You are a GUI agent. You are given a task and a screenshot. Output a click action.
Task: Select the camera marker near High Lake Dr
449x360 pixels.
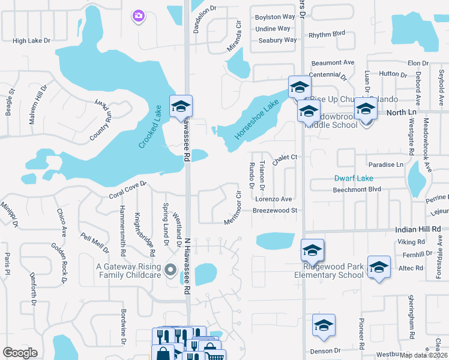pyautogui.click(x=139, y=16)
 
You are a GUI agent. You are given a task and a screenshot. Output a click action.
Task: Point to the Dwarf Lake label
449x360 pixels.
pyautogui.click(x=354, y=178)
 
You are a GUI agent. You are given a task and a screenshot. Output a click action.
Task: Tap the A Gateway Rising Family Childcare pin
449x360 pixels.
pyautogui.click(x=170, y=269)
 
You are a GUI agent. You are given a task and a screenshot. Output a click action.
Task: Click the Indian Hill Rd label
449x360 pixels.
pyautogui.click(x=418, y=229)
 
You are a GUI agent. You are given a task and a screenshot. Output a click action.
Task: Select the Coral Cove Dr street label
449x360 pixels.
pyautogui.click(x=127, y=190)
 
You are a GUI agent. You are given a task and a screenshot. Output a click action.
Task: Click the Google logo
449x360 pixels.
pyautogui.click(x=20, y=352)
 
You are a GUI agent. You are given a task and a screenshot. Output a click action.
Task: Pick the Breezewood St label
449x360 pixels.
pyautogui.click(x=275, y=211)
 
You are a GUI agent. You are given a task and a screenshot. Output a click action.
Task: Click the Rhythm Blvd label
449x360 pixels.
pyautogui.click(x=327, y=35)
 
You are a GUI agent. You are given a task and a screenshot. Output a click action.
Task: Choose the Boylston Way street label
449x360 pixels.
pyautogui.click(x=275, y=17)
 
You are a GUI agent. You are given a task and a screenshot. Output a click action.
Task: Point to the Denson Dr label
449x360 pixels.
pyautogui.click(x=325, y=350)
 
